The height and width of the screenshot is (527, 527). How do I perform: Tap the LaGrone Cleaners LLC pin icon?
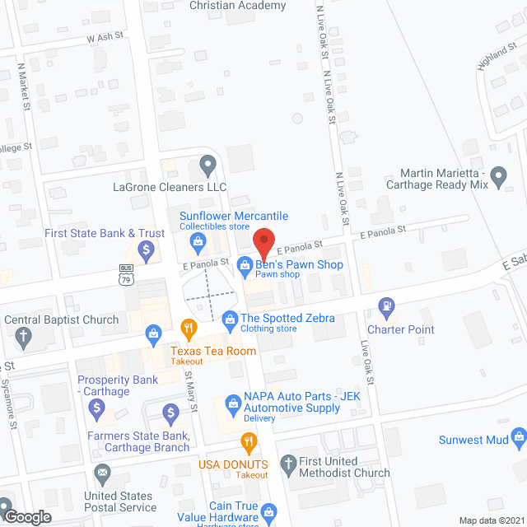(208, 167)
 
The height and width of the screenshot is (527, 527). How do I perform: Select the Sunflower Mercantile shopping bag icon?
(198, 241)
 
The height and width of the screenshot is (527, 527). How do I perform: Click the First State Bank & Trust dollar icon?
(147, 248)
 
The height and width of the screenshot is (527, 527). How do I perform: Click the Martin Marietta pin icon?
(498, 175)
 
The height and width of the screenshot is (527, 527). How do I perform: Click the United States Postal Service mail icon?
(102, 473)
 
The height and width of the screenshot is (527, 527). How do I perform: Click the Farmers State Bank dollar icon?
(170, 412)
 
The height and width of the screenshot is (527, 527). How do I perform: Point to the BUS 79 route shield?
(126, 273)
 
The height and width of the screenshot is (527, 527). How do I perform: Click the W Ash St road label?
(104, 37)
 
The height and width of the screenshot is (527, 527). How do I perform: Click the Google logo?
(27, 516)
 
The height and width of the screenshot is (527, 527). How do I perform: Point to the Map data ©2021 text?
(490, 520)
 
